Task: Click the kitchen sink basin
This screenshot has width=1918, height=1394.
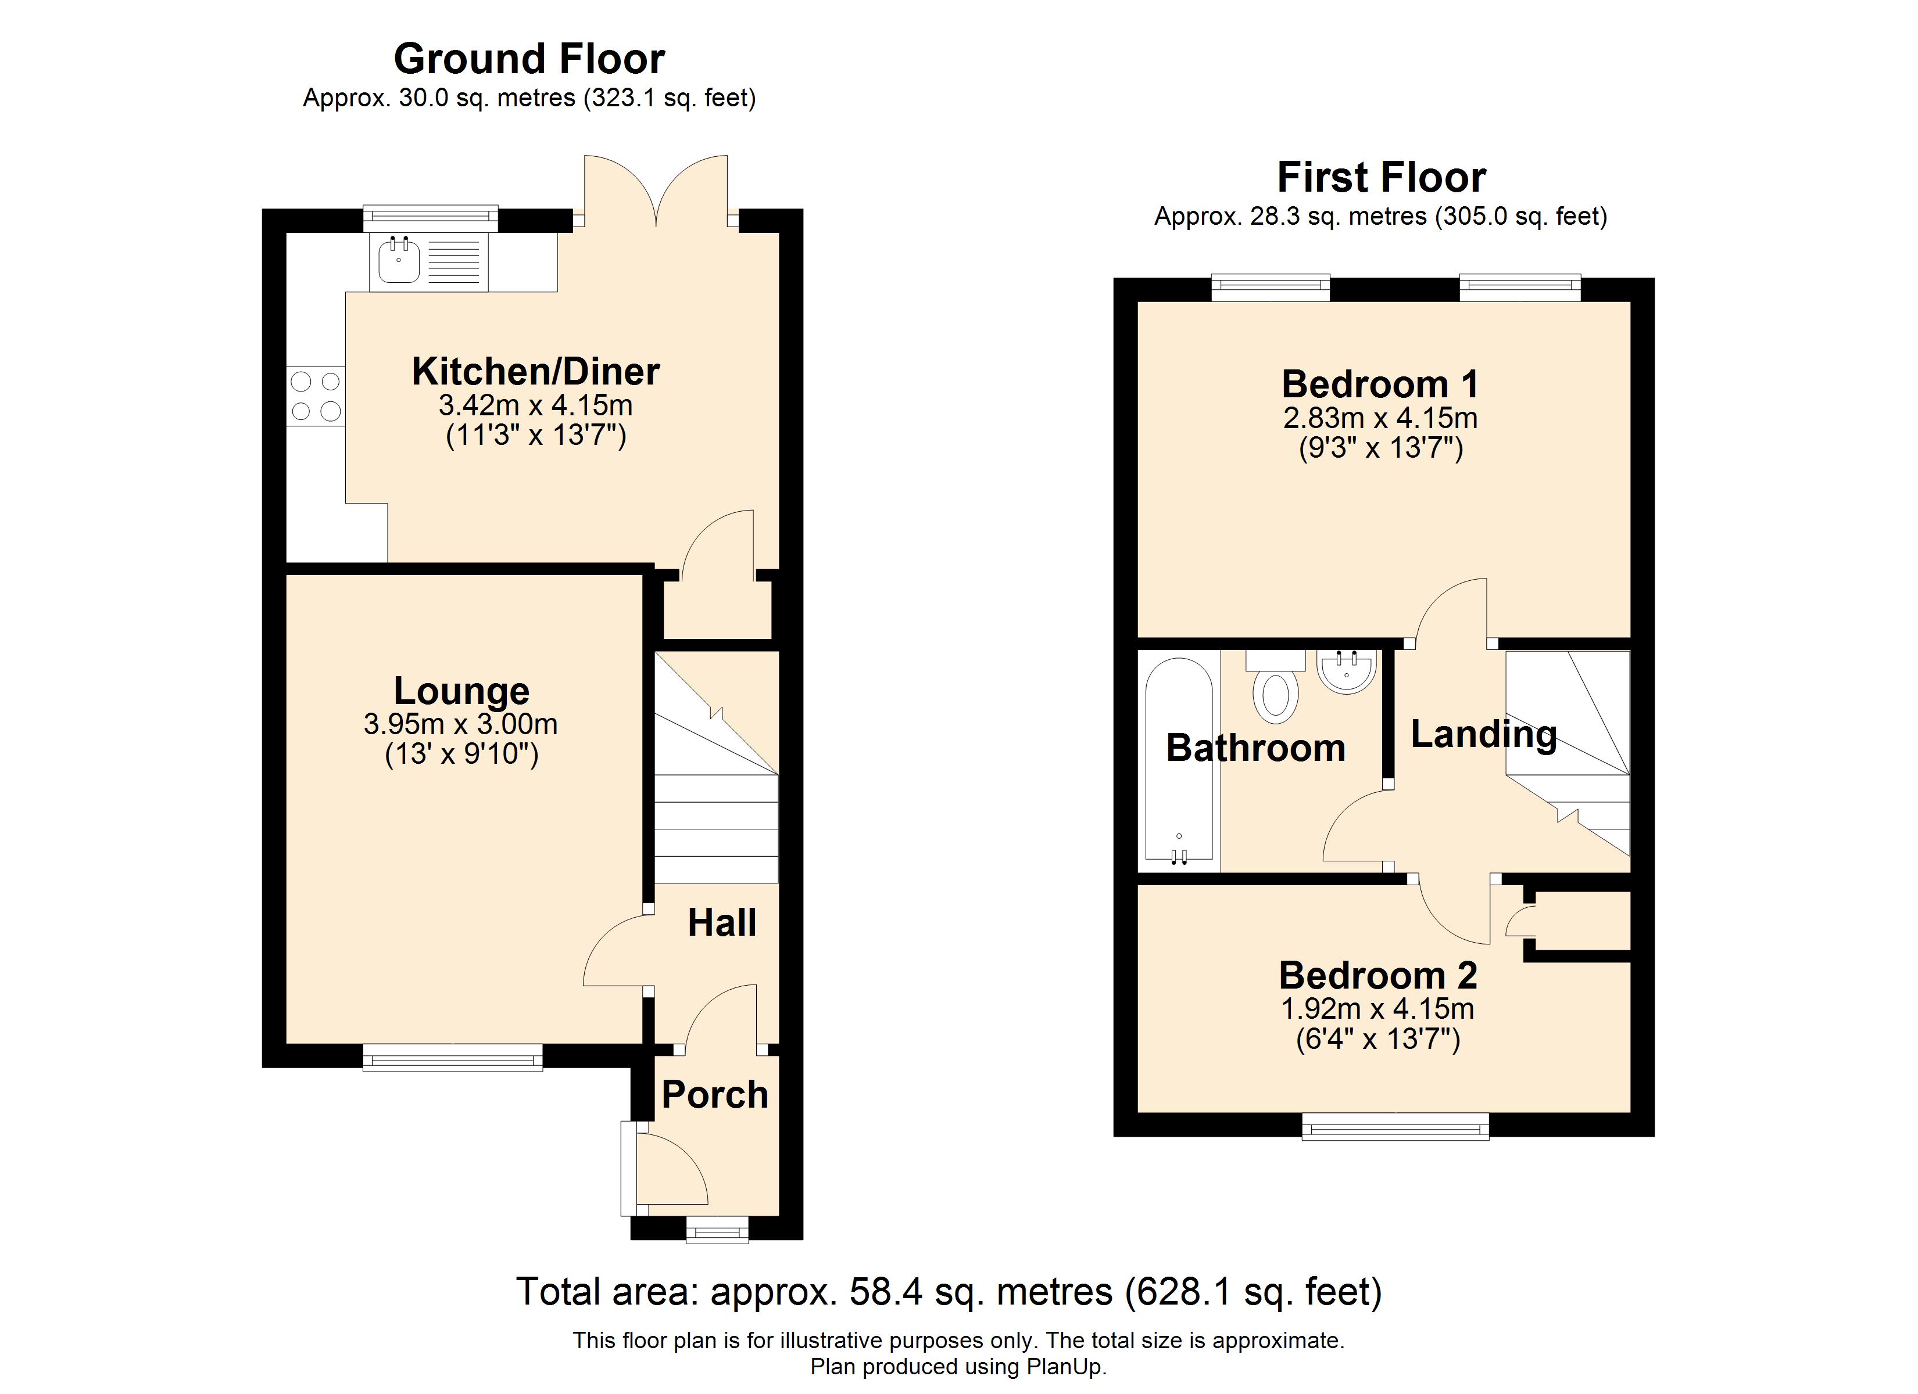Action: [398, 260]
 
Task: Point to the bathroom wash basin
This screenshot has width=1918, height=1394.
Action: [1346, 671]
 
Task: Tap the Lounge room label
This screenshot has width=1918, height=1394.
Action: [461, 691]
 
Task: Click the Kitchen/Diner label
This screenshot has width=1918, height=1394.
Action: [535, 371]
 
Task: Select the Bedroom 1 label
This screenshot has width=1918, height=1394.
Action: [1380, 384]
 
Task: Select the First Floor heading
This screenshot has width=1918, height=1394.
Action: [1381, 178]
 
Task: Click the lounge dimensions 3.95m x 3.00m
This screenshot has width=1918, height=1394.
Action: [461, 724]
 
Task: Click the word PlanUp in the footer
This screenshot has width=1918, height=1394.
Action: [1065, 1367]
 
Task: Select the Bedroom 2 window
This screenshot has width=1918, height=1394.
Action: [1395, 1127]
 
